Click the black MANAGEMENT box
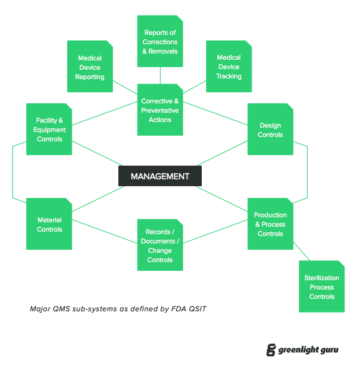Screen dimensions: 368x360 click(160, 176)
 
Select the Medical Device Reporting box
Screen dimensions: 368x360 click(90, 67)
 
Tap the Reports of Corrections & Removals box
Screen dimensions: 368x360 click(160, 41)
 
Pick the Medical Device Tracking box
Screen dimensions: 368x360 click(229, 67)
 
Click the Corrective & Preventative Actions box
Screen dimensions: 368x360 click(160, 110)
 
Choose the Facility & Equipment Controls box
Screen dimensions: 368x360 click(49, 130)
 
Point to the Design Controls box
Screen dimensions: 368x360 click(270, 130)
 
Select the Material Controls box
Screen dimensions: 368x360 click(49, 224)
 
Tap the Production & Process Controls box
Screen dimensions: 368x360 click(270, 224)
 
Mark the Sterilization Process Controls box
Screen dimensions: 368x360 click(321, 287)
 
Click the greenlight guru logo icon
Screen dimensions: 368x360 click(270, 350)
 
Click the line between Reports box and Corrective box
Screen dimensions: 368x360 click(160, 75)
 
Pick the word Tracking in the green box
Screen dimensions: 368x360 click(229, 76)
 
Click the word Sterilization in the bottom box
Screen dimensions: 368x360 click(321, 278)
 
